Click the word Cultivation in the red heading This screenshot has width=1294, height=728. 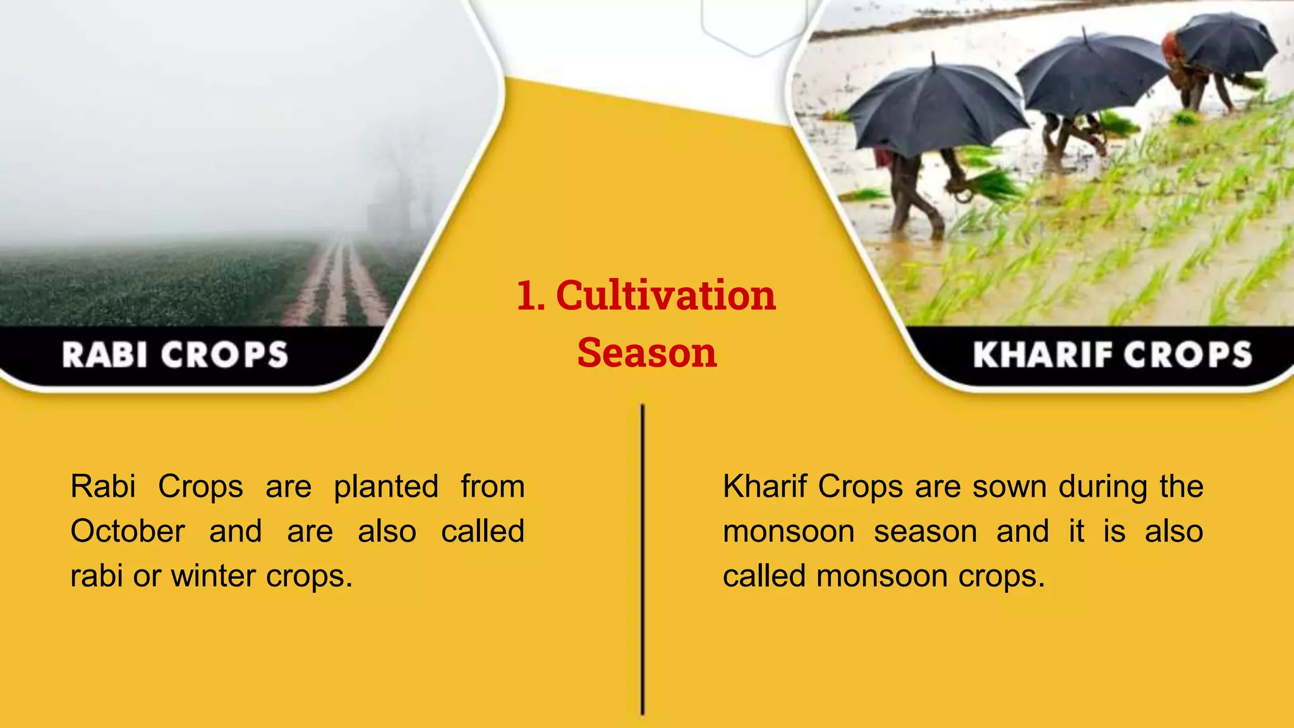click(x=665, y=296)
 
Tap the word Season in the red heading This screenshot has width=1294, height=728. click(x=647, y=353)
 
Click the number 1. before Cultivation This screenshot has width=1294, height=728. click(x=531, y=296)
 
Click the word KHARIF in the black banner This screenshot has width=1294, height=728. click(x=1041, y=355)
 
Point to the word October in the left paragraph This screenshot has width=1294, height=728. click(x=128, y=531)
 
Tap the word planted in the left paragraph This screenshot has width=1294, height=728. click(x=386, y=487)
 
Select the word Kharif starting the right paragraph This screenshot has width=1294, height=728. click(x=765, y=487)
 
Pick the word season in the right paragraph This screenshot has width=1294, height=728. click(x=926, y=531)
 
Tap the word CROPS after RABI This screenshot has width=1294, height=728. click(x=224, y=355)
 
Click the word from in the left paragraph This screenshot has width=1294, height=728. click(x=492, y=487)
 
